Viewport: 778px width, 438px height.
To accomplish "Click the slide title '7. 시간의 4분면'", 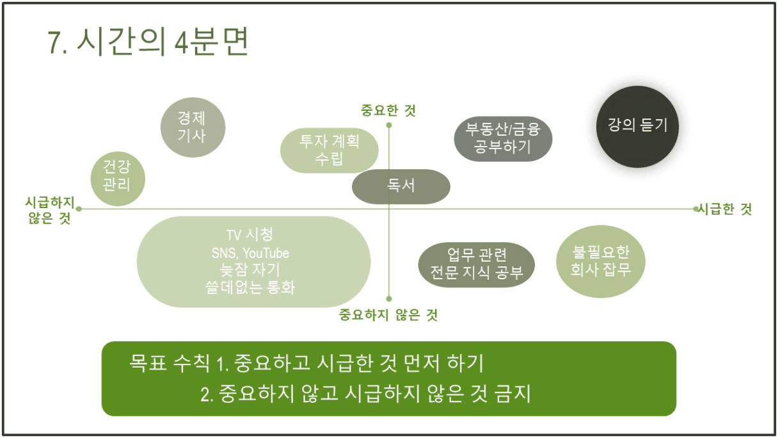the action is [x=148, y=42].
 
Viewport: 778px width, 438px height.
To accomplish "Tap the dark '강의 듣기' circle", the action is [x=637, y=127].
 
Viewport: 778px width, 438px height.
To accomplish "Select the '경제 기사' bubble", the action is [x=193, y=127].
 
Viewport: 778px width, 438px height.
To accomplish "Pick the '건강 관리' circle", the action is [x=118, y=179].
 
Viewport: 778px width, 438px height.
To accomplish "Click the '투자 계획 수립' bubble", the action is [x=329, y=150].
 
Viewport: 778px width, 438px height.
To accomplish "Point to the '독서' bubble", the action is [x=401, y=186].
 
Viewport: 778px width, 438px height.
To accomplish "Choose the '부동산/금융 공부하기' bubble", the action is [x=503, y=139].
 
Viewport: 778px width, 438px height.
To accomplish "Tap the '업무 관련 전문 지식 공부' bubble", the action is [x=476, y=264].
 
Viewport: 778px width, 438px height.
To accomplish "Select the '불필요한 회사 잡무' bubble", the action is [x=601, y=261].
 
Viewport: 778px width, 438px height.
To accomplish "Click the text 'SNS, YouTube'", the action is [x=250, y=253].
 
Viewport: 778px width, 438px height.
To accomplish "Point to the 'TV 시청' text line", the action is [x=250, y=235].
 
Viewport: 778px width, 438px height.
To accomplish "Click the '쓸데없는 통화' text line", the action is [x=250, y=288].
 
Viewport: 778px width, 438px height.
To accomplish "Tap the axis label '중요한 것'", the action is [x=388, y=111].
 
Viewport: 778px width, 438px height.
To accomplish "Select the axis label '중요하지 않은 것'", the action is [x=388, y=315].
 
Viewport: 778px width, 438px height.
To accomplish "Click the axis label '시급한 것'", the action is [x=724, y=209].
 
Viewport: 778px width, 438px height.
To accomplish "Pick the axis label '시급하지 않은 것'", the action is [x=50, y=210].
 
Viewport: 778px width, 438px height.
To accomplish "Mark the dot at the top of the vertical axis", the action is [x=389, y=125].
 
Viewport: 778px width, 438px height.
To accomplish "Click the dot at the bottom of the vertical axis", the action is [x=389, y=298].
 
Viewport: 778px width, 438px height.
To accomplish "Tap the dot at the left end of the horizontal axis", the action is [x=79, y=209].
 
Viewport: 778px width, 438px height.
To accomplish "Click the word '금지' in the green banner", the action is [x=513, y=394].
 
